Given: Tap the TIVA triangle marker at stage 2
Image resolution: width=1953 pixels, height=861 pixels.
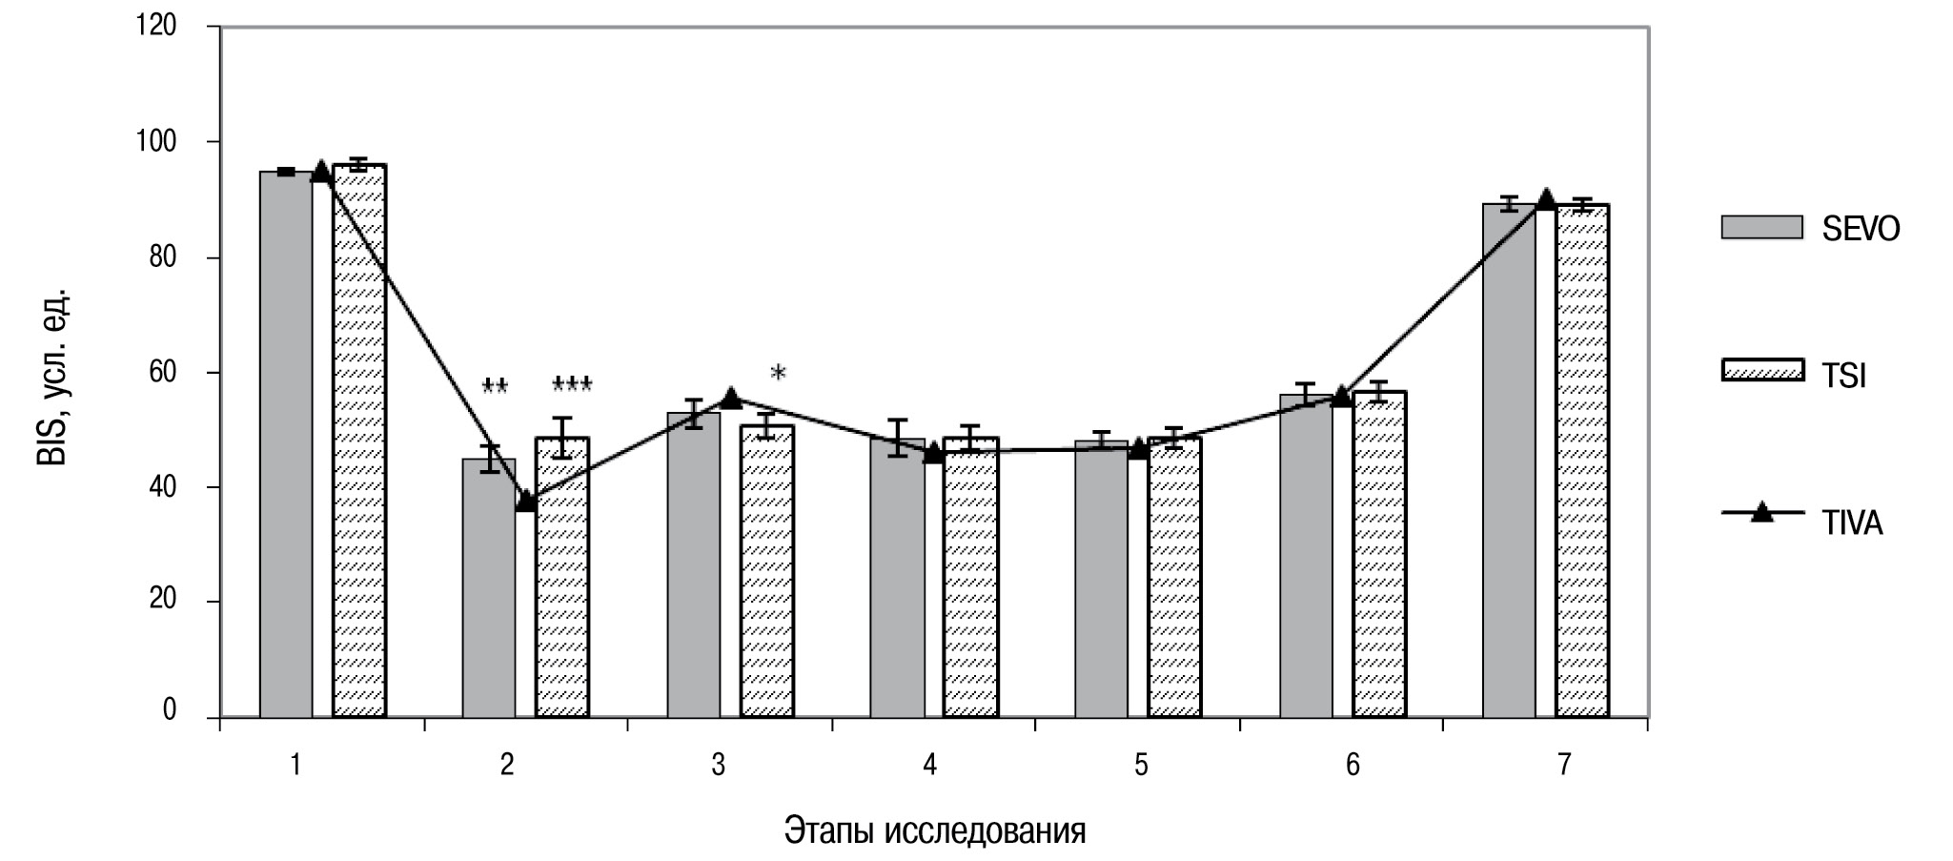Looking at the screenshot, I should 525,502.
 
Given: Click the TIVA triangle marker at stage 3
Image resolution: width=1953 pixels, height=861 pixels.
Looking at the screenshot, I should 731,399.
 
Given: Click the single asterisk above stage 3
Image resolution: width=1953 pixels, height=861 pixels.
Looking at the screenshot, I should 778,374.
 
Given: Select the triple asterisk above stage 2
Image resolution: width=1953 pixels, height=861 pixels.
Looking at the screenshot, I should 572,385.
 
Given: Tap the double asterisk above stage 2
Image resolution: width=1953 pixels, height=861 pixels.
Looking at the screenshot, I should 495,387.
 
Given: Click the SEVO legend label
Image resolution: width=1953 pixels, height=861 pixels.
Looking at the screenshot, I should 1861,229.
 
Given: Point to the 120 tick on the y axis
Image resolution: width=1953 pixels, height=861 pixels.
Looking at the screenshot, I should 156,26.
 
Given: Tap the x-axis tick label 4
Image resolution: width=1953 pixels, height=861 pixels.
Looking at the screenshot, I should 929,765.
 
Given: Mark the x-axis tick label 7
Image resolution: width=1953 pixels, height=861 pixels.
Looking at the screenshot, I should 1563,765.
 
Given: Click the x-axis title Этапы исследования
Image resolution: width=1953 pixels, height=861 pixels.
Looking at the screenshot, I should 935,830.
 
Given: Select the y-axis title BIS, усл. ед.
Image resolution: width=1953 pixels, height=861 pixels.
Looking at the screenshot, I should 52,374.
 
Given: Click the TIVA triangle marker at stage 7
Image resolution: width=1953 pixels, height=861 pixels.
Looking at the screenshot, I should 1546,199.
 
